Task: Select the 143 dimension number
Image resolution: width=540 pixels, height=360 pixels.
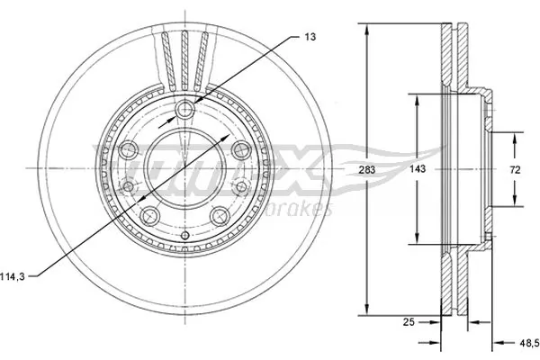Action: (417, 168)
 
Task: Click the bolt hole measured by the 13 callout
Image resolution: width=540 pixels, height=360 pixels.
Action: (185, 110)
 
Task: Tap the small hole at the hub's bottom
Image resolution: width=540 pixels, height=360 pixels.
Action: (185, 236)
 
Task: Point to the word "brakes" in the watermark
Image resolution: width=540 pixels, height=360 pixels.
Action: (306, 210)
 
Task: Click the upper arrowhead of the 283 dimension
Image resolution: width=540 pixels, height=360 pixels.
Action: (366, 28)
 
